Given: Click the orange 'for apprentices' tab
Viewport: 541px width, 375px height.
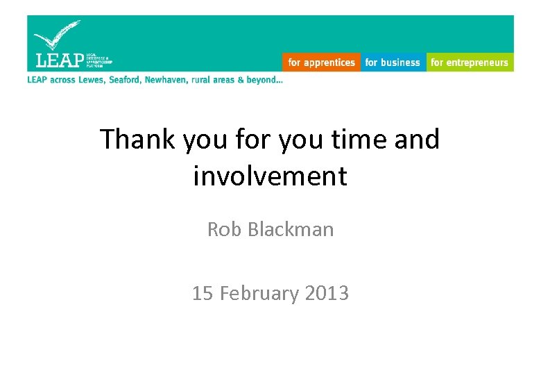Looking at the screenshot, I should pos(321,62).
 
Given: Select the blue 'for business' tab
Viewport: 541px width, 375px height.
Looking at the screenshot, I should pos(393,62).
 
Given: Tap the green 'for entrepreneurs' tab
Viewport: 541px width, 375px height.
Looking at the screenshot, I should pos(470,62).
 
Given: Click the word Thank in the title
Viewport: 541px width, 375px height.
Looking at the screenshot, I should pos(139,140).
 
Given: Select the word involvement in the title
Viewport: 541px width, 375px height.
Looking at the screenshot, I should pos(270,176).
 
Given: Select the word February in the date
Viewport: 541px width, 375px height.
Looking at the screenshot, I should pos(259,294).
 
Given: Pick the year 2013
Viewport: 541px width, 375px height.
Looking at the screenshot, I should pos(326,293).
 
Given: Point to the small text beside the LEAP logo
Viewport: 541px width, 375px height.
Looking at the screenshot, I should pos(99,60).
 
